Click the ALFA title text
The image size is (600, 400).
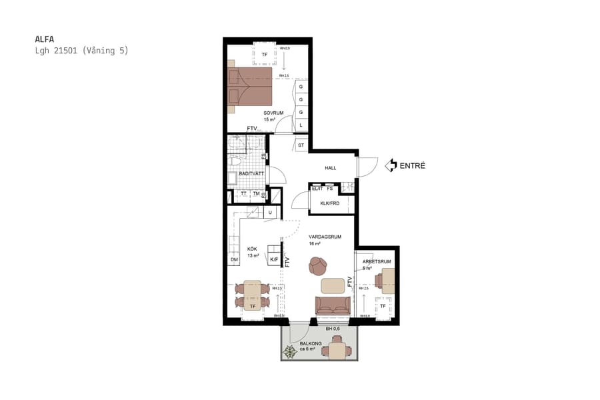click(44, 39)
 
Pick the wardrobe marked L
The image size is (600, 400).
click(301, 125)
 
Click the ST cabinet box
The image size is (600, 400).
click(301, 145)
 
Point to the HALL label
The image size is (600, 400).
click(331, 168)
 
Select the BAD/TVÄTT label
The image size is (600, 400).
click(251, 173)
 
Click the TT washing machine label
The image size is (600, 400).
click(243, 193)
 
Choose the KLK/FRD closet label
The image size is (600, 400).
click(330, 203)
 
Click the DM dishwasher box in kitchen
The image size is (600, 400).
click(234, 259)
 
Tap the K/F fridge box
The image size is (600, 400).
click(273, 259)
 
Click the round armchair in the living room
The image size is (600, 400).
click(318, 266)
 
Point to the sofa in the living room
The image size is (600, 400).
click(333, 305)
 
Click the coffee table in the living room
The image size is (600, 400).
click(333, 285)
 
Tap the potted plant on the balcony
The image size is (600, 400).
click(291, 352)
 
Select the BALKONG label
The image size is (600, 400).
click(311, 343)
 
